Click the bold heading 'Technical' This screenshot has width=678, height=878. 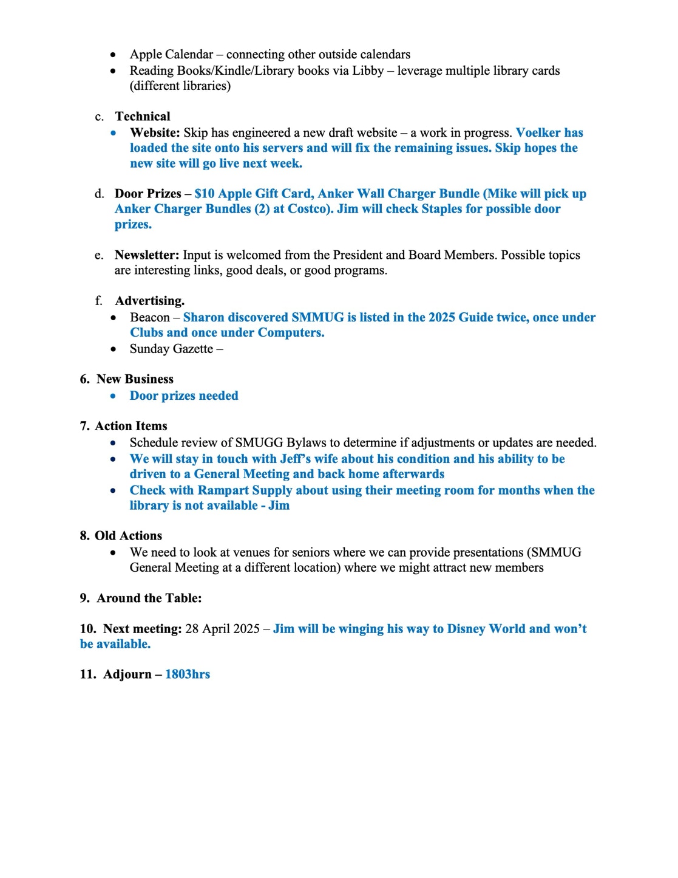coord(143,117)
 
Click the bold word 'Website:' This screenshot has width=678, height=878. coord(155,132)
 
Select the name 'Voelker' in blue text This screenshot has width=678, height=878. coord(539,132)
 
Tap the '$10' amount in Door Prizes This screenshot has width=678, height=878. coord(205,194)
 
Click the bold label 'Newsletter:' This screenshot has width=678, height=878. coord(147,255)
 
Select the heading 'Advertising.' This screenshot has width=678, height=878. coord(150,301)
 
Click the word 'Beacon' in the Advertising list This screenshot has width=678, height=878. coord(150,318)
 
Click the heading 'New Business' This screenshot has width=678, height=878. coord(135,379)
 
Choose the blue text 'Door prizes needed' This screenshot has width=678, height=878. coord(184,396)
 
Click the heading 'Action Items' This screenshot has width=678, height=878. coord(131,426)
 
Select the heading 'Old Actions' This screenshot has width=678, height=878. coord(128,536)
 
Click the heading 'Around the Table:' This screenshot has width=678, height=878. coord(149,598)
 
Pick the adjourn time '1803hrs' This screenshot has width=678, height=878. coord(188,674)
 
